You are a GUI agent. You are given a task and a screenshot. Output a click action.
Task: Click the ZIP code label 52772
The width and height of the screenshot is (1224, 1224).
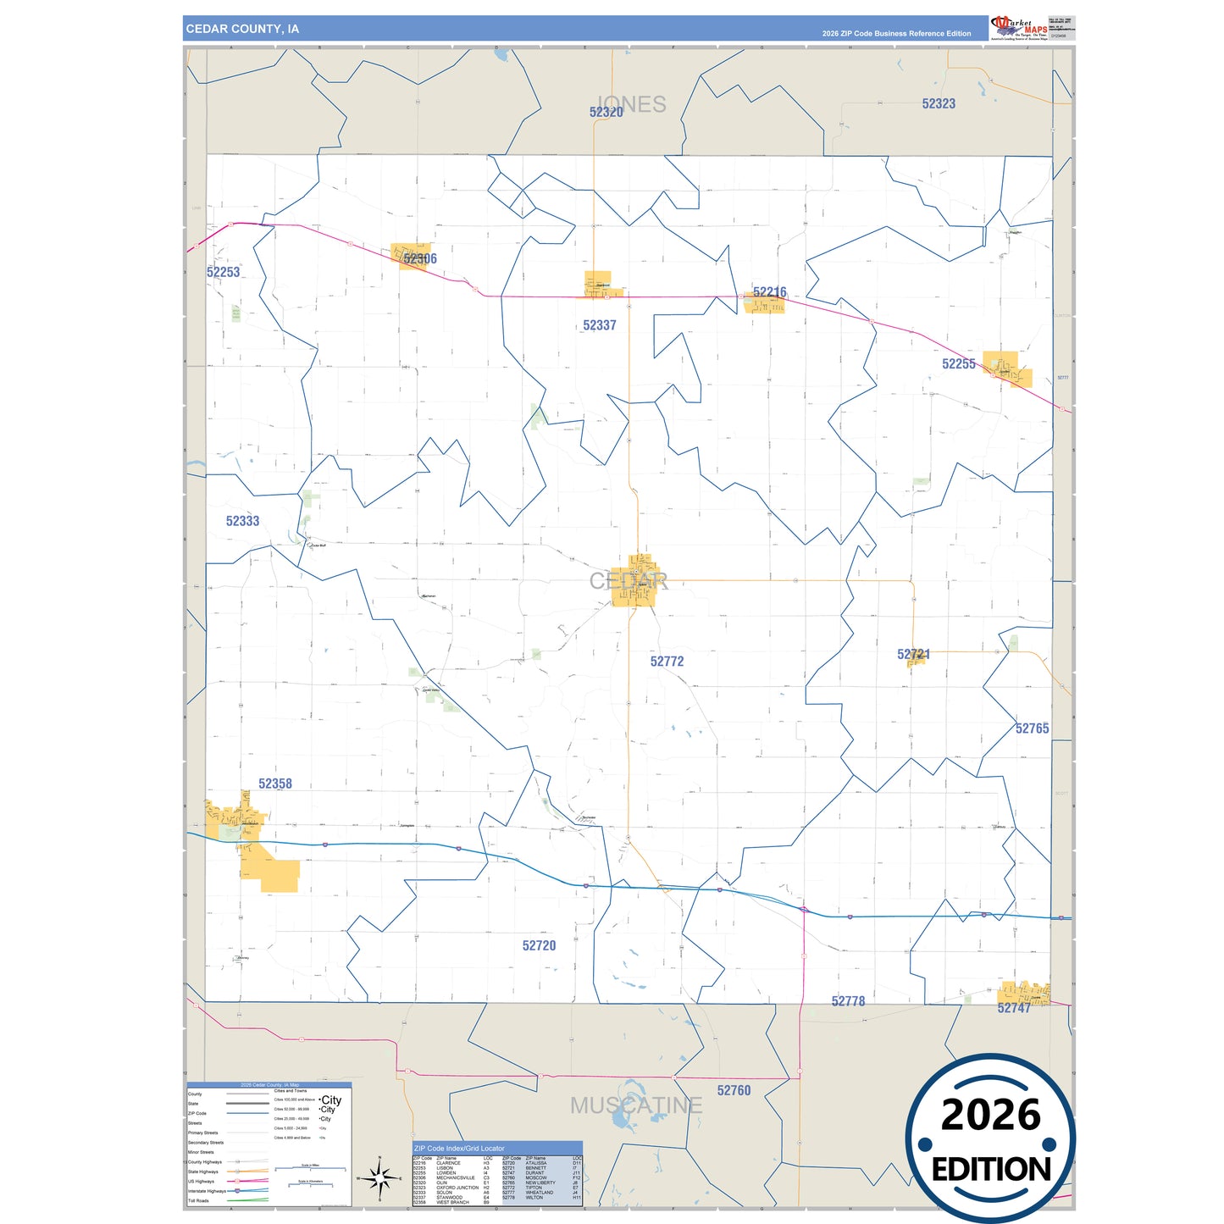click(667, 662)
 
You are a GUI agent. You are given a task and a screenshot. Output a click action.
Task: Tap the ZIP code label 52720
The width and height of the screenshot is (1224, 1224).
click(539, 945)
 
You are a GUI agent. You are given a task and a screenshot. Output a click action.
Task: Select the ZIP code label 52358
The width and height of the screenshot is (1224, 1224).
click(275, 784)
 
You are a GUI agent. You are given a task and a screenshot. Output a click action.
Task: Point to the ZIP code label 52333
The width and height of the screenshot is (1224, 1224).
click(242, 521)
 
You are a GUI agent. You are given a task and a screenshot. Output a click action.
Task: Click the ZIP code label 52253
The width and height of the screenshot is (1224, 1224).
click(223, 272)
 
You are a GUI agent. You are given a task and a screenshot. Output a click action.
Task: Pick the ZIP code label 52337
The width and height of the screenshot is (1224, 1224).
click(599, 325)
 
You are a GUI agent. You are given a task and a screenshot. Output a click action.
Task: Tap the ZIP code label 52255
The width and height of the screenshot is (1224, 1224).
click(958, 364)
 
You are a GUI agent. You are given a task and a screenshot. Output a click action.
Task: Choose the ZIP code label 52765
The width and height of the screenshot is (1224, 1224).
click(1032, 728)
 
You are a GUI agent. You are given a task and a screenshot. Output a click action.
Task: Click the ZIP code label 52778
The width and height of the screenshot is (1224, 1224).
click(848, 1001)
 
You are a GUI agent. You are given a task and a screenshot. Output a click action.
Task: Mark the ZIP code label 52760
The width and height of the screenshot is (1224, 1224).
click(734, 1090)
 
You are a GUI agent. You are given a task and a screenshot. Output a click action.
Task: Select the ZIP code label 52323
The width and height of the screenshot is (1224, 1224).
click(939, 103)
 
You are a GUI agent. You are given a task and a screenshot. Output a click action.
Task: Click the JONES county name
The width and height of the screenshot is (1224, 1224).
click(632, 104)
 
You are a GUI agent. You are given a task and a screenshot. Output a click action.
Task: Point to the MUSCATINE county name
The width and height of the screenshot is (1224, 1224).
click(635, 1105)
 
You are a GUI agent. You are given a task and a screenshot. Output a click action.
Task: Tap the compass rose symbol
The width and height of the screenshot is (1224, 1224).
click(379, 1178)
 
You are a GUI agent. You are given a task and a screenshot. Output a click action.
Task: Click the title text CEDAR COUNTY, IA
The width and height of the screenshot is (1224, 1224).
click(242, 29)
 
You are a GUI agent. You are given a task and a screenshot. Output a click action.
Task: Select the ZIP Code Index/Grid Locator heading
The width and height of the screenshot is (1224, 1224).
click(459, 1149)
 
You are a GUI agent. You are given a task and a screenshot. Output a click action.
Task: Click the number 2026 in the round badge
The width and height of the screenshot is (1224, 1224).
click(990, 1115)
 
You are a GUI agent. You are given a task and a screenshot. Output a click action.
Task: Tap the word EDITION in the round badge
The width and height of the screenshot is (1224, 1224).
click(991, 1170)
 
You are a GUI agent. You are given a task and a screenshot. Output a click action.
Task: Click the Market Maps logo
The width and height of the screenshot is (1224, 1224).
click(1018, 27)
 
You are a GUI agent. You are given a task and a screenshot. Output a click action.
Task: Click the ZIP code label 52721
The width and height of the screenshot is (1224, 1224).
click(913, 654)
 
